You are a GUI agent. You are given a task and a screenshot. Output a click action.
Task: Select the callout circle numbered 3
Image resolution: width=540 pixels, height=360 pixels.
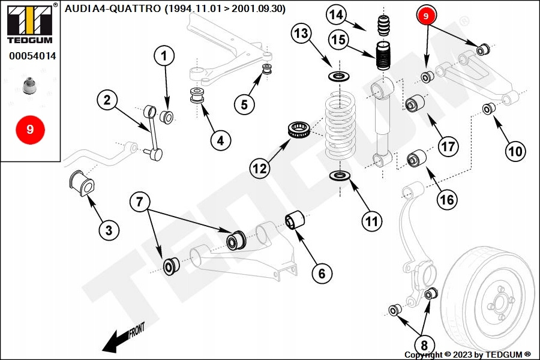click(x=109, y=229)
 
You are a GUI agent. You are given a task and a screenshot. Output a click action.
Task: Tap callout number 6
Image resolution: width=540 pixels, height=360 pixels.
click(x=322, y=274)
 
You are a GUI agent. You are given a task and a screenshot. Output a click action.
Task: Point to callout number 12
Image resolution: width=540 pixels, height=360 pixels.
click(x=259, y=169)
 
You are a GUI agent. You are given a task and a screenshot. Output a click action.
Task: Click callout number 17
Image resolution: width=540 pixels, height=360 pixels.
click(x=448, y=146)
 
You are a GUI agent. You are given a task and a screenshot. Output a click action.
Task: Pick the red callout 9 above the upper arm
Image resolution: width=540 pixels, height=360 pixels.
click(x=425, y=16)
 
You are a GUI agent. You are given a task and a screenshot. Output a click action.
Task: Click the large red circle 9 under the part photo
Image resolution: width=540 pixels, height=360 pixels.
click(x=29, y=129)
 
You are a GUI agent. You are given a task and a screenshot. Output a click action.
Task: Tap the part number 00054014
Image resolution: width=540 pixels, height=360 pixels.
click(x=32, y=56)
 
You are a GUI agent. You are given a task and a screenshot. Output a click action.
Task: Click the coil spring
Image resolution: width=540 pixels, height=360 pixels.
click(x=341, y=129)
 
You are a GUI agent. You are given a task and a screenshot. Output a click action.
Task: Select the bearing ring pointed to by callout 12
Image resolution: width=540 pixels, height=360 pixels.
click(x=298, y=130)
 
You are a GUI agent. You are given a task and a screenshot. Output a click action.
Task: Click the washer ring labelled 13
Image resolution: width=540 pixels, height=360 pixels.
click(x=340, y=77)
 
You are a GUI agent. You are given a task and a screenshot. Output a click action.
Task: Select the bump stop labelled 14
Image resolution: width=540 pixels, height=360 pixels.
click(x=383, y=28)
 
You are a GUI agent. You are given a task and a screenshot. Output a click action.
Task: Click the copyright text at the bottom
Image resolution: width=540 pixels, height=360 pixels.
click(x=467, y=354)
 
